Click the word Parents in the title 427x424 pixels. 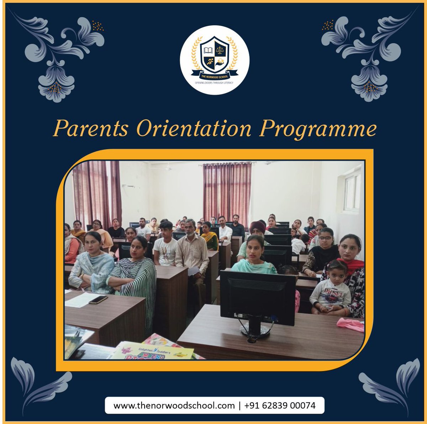coord(90,129)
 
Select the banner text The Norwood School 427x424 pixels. coord(214,76)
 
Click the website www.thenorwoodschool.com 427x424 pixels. coord(174,406)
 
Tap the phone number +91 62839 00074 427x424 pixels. coord(280,406)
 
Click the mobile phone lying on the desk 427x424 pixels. coord(98,300)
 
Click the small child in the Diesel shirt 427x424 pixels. coord(331,290)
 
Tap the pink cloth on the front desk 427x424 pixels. coord(350,324)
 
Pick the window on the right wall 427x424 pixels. coord(352,192)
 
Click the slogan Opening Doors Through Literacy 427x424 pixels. coord(214,83)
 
